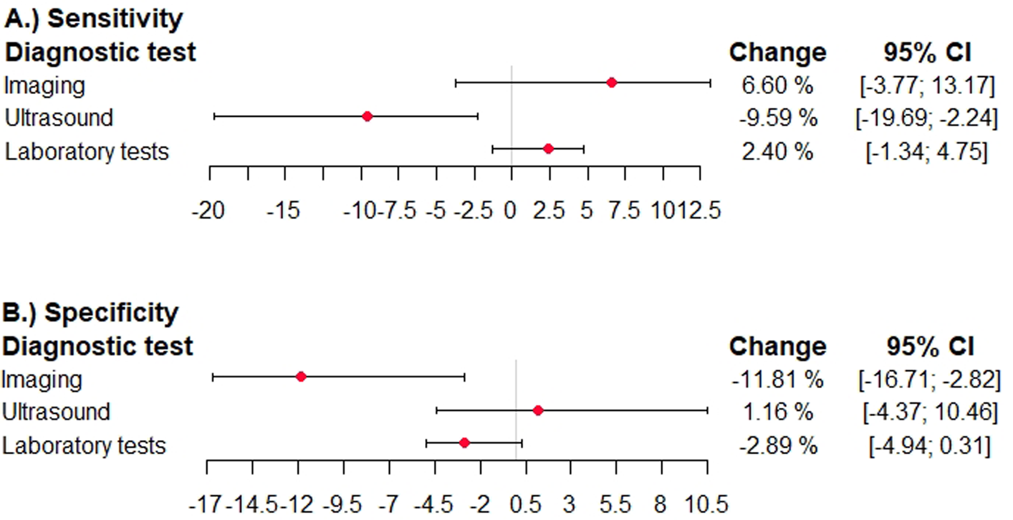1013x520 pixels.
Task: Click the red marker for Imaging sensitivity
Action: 612,83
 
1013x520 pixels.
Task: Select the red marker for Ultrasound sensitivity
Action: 367,116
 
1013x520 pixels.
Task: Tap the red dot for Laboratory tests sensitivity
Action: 548,149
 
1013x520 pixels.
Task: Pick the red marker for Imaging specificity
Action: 301,377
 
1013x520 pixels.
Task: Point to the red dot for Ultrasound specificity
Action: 538,410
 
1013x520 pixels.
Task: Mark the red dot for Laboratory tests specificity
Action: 464,443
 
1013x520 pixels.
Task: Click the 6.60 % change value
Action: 777,85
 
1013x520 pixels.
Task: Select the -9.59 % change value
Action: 778,118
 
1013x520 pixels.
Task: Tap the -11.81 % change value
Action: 777,379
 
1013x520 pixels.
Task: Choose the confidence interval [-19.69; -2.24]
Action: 926,118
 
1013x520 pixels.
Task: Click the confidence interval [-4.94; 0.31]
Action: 929,446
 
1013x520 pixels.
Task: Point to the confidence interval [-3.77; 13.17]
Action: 927,85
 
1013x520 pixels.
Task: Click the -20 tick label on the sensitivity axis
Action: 208,210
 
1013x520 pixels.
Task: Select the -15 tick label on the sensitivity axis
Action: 284,210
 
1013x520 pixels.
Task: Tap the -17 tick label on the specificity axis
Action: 206,504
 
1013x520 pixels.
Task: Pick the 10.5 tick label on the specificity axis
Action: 707,504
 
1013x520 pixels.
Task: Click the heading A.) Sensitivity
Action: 94,19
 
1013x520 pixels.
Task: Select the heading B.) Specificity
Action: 90,313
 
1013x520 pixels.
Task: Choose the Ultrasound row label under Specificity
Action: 56,412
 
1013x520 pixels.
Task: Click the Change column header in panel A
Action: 777,52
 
